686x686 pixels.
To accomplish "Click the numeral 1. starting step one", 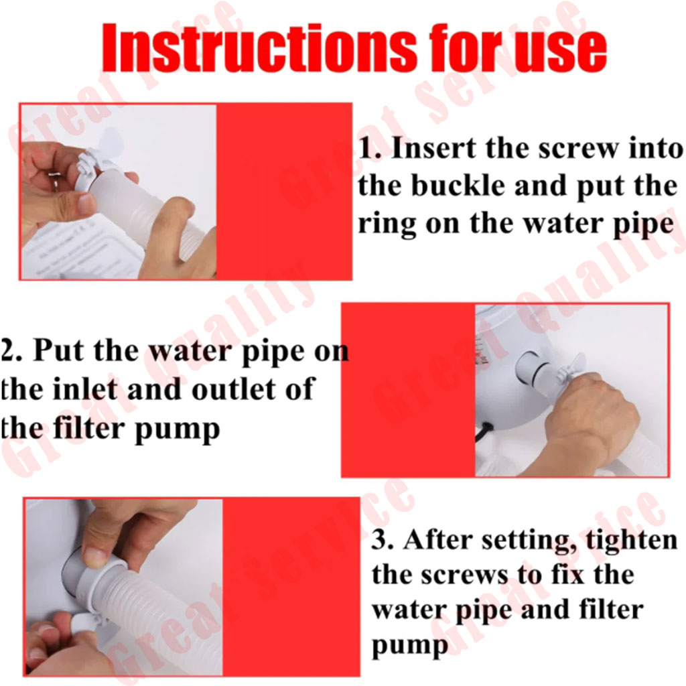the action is tap(370, 149).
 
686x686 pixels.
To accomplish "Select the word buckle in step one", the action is tap(458, 186).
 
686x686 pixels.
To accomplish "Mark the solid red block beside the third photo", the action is tap(291, 587).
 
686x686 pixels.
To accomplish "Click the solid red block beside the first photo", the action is tap(284, 192).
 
